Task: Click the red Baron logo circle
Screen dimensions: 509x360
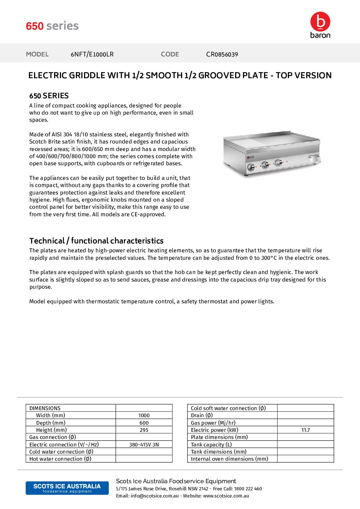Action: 320,21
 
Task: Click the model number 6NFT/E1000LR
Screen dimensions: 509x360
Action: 92,54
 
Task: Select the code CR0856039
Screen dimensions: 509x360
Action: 222,54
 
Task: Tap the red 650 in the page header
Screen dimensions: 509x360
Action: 35,26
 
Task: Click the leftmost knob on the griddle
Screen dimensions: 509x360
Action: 251,167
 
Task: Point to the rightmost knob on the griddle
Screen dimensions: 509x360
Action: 279,163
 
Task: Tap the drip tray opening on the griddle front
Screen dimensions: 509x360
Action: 314,158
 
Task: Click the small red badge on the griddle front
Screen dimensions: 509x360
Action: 250,157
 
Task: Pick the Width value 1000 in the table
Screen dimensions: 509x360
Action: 144,415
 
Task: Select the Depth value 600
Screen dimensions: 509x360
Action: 144,423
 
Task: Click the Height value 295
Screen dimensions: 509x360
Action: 144,430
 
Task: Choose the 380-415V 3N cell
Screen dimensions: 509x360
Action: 144,445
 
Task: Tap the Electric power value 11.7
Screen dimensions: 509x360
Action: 306,430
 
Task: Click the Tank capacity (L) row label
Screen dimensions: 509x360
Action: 211,445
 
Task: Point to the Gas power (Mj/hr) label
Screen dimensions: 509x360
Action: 213,423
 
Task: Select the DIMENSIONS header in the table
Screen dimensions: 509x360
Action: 45,408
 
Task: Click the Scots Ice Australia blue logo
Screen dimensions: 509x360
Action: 67,488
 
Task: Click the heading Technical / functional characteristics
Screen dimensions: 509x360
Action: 96,241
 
